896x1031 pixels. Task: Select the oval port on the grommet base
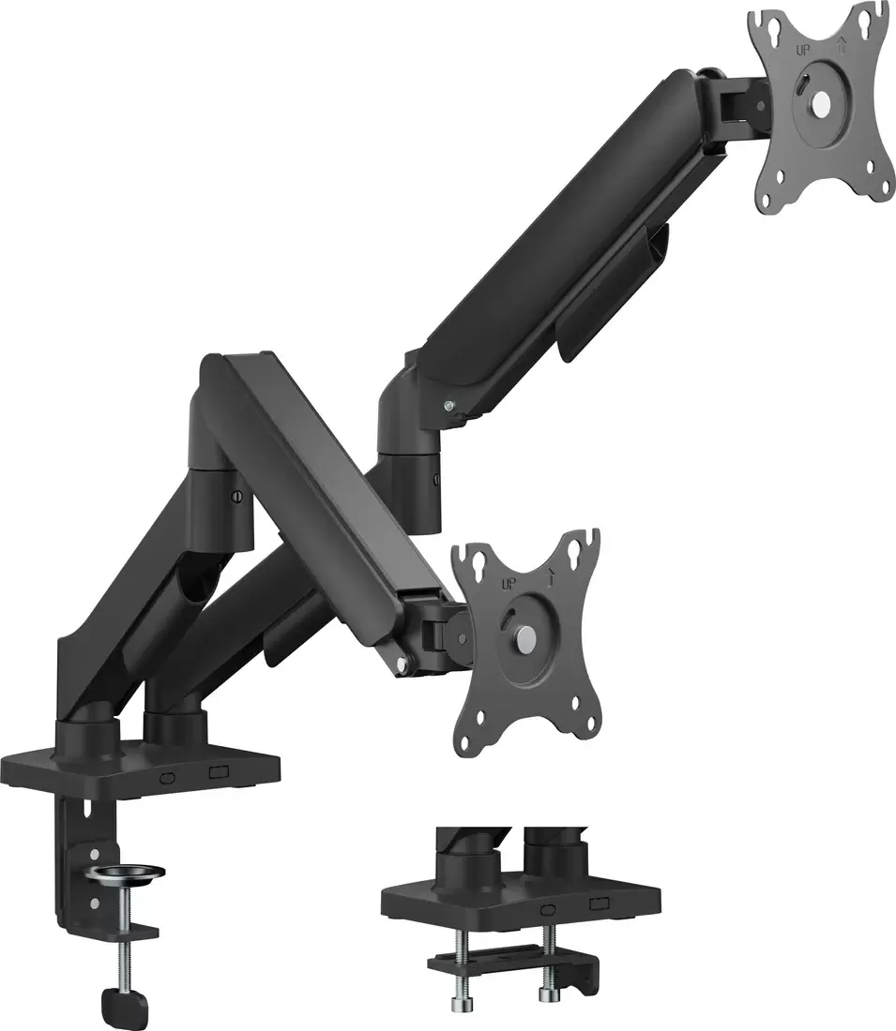point(544,909)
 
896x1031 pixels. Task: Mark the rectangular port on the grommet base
point(596,906)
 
